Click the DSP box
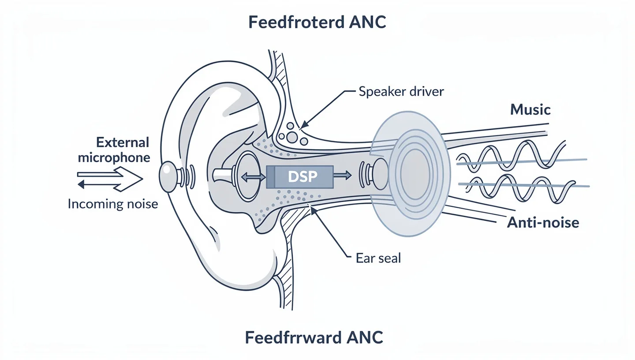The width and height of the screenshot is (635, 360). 299,177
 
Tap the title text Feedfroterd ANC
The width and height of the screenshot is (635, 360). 317,22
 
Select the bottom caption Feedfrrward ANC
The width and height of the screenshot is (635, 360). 314,338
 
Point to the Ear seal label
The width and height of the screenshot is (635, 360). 378,258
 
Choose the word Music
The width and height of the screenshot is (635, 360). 530,109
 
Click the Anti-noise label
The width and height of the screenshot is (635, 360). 543,222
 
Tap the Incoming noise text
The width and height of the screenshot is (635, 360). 113,204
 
